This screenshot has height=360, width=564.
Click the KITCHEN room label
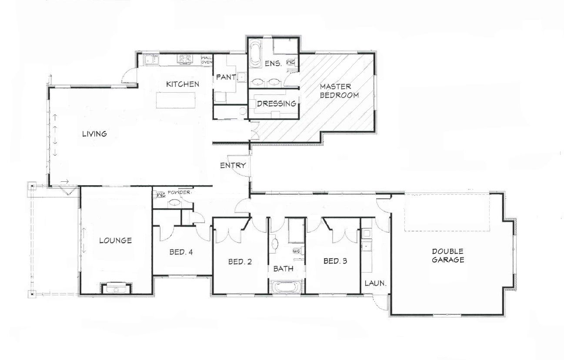tap(183, 84)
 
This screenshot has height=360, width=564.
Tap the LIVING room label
tap(94, 133)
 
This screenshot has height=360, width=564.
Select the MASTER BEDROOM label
tap(339, 91)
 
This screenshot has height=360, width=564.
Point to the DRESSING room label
tap(277, 103)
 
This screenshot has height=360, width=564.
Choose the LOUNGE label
tap(115, 240)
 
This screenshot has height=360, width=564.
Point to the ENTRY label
tap(233, 165)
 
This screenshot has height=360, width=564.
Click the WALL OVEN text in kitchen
tap(206, 60)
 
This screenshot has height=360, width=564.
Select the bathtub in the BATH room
tap(285, 287)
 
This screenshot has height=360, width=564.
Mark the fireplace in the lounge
tap(116, 287)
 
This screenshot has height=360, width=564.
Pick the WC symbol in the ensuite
tap(291, 63)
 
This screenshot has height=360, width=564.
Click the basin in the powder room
tap(175, 202)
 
